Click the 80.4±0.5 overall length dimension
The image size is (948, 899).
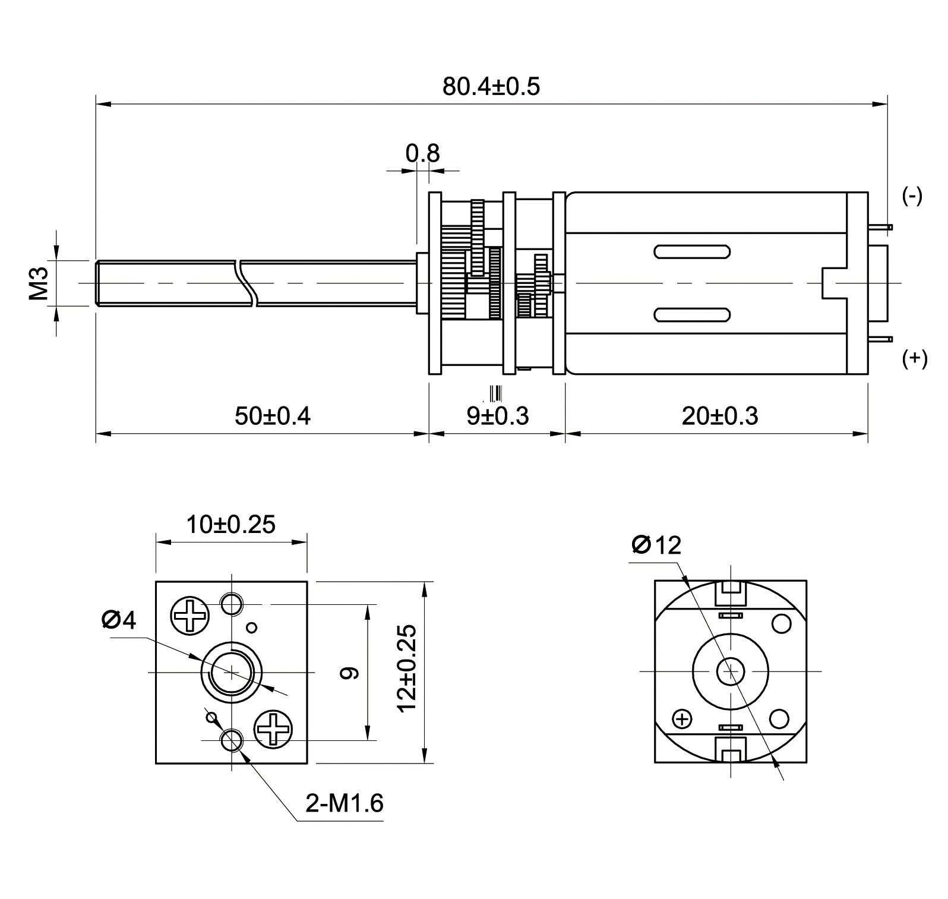(x=491, y=87)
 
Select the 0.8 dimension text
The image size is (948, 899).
(x=422, y=153)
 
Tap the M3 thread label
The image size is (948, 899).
(x=39, y=283)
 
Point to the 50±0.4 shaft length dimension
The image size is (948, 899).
(x=272, y=416)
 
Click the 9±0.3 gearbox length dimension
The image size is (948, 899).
(x=497, y=416)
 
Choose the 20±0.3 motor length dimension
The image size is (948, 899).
(x=720, y=416)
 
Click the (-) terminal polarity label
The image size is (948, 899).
(x=912, y=196)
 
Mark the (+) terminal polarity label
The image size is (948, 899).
(x=914, y=358)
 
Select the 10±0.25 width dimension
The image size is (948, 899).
(x=231, y=525)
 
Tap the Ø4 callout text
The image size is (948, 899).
(x=119, y=620)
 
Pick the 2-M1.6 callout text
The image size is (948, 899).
(x=345, y=804)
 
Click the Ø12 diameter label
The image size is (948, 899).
(x=656, y=545)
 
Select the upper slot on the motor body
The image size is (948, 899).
(x=691, y=252)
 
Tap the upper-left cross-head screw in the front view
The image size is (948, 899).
(x=190, y=616)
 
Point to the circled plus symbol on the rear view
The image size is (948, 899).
(x=683, y=720)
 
